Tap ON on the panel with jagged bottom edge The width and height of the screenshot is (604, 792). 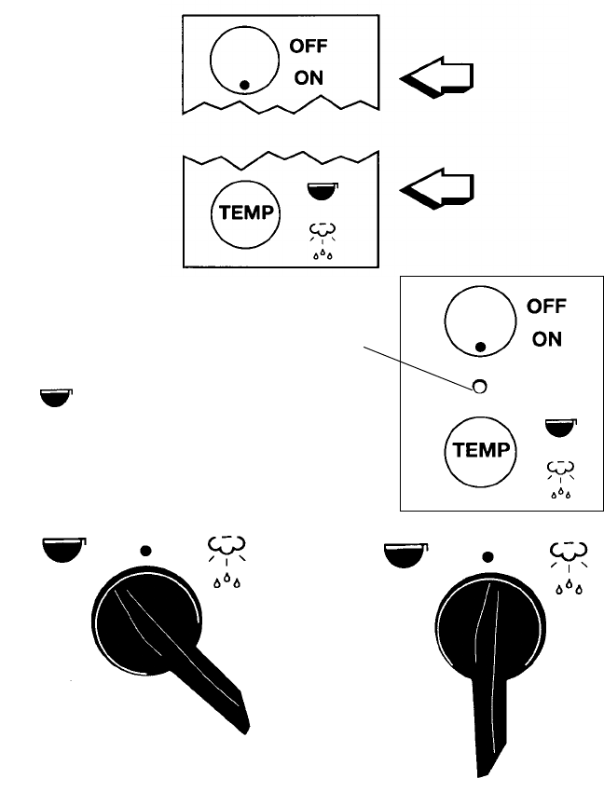coord(309,78)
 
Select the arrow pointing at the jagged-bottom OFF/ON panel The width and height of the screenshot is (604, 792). coord(438,78)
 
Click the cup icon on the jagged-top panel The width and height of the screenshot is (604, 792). coord(323,191)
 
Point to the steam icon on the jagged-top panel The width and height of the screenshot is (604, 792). coord(322,238)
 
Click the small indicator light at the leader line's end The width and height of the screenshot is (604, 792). coord(479,385)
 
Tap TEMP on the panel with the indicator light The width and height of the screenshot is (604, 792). coord(478,451)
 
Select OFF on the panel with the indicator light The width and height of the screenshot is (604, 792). coord(546,306)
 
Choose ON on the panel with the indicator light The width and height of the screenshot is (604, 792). coord(547,340)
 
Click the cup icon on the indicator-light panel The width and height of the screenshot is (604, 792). coord(560,430)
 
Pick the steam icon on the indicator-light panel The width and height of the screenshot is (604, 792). coord(559,477)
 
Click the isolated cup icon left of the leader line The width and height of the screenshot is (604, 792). coord(56,398)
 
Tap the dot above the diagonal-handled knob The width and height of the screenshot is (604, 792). coord(145,550)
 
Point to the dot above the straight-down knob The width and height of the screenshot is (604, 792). coord(487,557)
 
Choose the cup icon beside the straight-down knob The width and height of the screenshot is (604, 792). coord(404,557)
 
